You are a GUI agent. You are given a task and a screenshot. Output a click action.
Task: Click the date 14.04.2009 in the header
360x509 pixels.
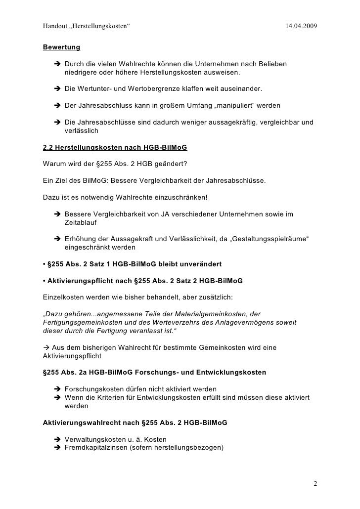point(301,25)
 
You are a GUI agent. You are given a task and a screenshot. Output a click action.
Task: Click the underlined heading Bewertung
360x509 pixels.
point(61,48)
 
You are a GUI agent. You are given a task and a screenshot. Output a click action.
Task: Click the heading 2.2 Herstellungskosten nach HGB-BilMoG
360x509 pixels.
point(115,148)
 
